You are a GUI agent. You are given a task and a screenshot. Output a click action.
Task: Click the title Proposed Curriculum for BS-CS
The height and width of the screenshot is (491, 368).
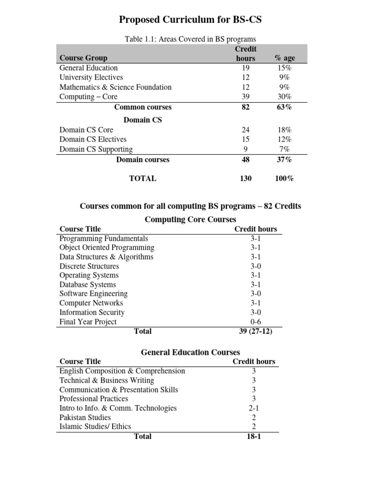190,20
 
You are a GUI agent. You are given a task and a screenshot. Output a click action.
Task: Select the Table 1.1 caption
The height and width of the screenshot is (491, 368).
190,39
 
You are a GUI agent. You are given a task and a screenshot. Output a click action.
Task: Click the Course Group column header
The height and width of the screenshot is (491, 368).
83,58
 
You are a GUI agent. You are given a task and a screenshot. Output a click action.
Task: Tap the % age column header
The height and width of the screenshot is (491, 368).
284,58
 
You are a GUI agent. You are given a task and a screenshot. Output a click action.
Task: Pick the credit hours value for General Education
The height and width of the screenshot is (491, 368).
245,68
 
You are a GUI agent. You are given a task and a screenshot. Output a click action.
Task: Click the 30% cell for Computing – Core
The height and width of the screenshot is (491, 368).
284,96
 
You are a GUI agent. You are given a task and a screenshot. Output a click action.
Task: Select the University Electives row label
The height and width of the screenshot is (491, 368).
91,77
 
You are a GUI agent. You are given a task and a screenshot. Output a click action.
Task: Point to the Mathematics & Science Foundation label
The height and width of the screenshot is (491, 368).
115,87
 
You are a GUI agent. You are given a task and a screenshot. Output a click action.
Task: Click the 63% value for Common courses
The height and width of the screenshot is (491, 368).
284,107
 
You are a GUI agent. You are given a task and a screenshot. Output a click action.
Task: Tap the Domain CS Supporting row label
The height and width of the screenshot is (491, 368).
96,149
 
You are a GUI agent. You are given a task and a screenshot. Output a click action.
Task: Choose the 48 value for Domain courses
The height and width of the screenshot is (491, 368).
245,160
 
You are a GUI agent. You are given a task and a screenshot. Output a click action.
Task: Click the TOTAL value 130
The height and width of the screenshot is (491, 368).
245,178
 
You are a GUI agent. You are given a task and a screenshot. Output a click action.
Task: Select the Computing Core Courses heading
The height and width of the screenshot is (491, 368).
190,219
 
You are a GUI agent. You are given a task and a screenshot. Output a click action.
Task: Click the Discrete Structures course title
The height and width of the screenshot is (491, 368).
89,266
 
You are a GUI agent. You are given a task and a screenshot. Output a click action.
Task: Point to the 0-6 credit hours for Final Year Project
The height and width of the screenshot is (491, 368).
255,322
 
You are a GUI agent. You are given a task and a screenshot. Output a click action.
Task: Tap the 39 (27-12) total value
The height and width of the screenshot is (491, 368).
255,331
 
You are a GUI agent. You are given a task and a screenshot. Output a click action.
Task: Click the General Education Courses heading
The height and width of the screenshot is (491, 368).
190,352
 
